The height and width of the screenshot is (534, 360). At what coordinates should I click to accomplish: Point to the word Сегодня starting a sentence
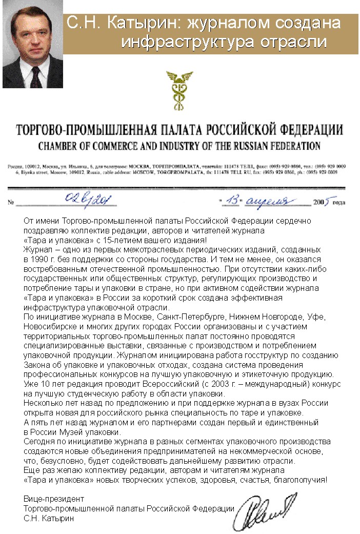pos(39,441)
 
